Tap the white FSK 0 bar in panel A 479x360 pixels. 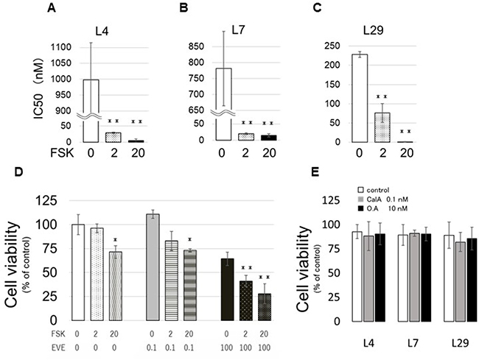91,110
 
